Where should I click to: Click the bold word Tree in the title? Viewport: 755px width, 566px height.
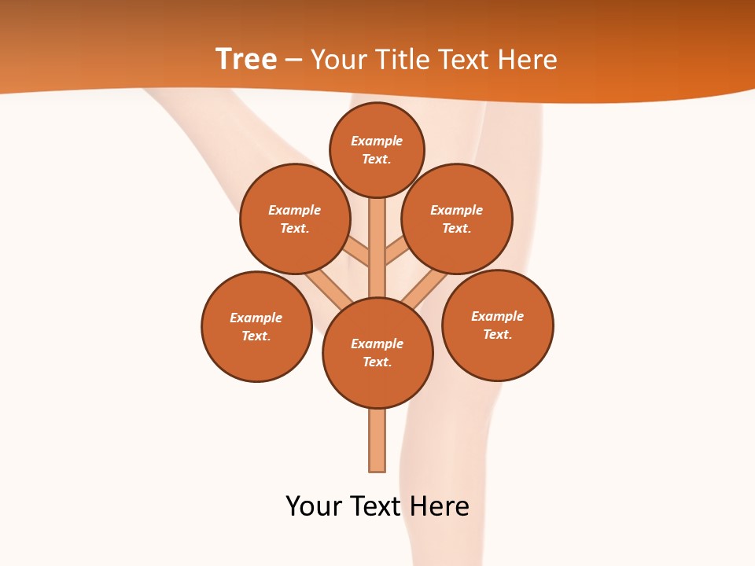tap(246, 60)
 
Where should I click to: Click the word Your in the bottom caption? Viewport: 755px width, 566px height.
tap(313, 506)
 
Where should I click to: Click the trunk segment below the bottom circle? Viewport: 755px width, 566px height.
tap(377, 440)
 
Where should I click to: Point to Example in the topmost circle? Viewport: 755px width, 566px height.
tap(377, 141)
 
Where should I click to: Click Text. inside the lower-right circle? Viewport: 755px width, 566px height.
tap(497, 334)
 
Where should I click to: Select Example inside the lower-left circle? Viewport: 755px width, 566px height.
tap(256, 318)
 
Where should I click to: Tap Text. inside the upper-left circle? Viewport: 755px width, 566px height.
tap(294, 229)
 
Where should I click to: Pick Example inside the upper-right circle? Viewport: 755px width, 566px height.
tap(456, 211)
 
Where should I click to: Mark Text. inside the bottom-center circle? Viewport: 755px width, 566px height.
tap(377, 362)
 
